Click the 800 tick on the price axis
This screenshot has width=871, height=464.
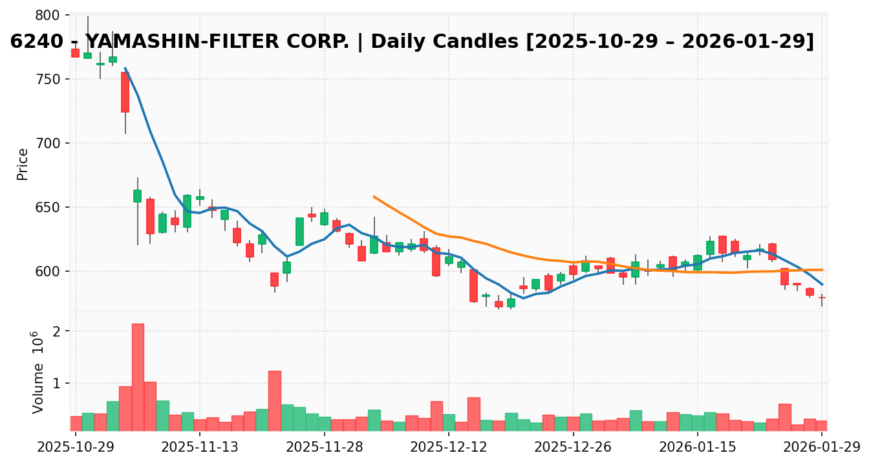50,15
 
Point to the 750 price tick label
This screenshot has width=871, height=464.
50,79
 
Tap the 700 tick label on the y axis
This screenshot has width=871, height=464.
50,143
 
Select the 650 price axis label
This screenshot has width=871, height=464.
50,207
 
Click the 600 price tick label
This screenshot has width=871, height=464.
50,271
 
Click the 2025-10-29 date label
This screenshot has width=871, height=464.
76,447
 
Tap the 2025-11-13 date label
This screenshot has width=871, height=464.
200,447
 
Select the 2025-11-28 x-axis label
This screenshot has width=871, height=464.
325,447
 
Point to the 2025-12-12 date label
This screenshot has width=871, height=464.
449,447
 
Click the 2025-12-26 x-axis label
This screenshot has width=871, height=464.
574,447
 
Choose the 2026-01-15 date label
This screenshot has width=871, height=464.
698,447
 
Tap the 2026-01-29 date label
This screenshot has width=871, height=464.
822,447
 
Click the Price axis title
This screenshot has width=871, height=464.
23,164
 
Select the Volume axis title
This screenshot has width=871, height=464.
39,372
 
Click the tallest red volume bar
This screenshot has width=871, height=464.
138,377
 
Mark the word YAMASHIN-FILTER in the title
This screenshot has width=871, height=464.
217,42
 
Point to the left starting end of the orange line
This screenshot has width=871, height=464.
374,197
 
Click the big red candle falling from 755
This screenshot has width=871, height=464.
125,92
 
